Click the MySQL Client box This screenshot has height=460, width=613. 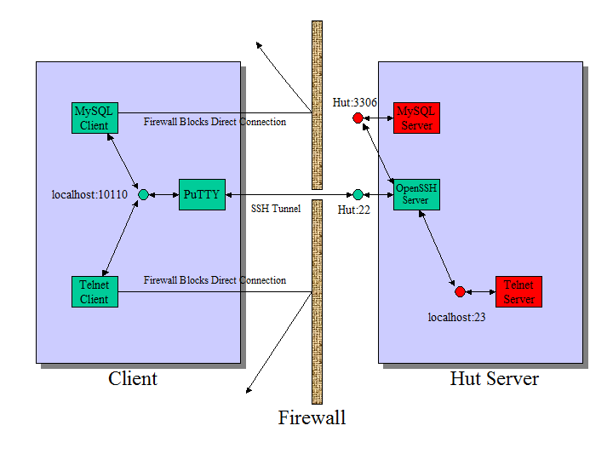click(x=94, y=118)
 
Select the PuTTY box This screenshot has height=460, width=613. click(x=202, y=194)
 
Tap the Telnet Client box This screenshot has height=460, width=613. click(x=94, y=291)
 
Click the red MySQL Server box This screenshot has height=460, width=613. click(x=416, y=118)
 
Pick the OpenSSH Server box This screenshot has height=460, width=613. click(x=416, y=194)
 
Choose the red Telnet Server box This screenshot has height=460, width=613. click(x=518, y=291)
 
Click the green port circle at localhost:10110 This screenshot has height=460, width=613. click(x=143, y=194)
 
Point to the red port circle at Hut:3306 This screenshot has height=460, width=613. click(x=358, y=118)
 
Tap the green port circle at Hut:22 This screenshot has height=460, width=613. click(x=358, y=194)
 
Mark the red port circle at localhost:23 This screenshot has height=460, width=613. click(x=460, y=291)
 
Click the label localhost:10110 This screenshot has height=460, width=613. click(x=89, y=194)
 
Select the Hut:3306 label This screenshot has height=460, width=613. click(x=355, y=102)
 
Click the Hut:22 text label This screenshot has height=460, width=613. click(x=353, y=210)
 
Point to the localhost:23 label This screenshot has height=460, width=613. click(x=456, y=317)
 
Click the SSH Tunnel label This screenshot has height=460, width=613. click(x=276, y=209)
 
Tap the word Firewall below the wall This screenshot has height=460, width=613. click(x=312, y=418)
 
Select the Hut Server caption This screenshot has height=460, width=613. click(x=494, y=378)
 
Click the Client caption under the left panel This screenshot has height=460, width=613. click(x=133, y=378)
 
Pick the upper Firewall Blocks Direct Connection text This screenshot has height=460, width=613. click(x=215, y=122)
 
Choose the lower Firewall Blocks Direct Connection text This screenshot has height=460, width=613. click(x=215, y=280)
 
